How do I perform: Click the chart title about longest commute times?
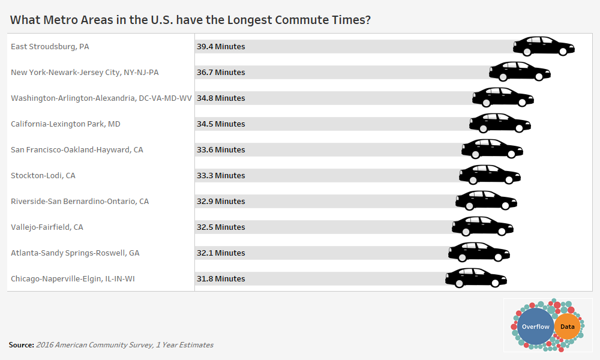tap(190, 20)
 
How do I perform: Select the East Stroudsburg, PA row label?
tap(50, 46)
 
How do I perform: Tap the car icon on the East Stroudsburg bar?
tap(544, 46)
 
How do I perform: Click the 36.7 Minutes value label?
tap(221, 72)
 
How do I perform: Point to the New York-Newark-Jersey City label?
tap(85, 72)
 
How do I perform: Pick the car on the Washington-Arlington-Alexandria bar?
tap(503, 97)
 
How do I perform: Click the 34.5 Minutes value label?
tap(221, 124)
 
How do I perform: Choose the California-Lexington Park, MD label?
tap(65, 124)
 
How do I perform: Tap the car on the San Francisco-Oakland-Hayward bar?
tap(492, 149)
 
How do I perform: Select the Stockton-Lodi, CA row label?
tap(43, 175)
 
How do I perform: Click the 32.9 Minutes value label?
tap(221, 201)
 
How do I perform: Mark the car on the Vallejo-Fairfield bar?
tap(482, 226)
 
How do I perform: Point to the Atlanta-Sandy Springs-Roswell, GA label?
tap(75, 253)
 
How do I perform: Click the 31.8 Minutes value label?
tap(221, 278)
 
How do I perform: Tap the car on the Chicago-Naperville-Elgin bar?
tap(476, 278)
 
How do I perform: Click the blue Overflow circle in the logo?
tap(535, 326)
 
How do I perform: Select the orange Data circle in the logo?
tap(567, 327)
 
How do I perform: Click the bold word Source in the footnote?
tap(21, 345)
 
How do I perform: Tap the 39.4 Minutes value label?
tap(221, 46)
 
